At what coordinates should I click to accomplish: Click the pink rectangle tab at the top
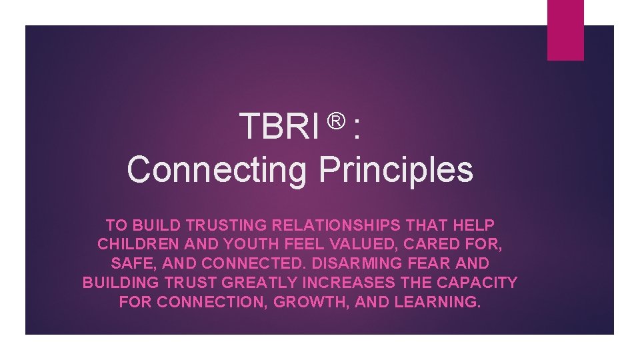click(x=565, y=29)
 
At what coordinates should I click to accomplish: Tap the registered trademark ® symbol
click(x=337, y=120)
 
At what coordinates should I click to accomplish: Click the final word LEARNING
click(x=437, y=301)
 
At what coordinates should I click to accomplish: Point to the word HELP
click(x=473, y=225)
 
